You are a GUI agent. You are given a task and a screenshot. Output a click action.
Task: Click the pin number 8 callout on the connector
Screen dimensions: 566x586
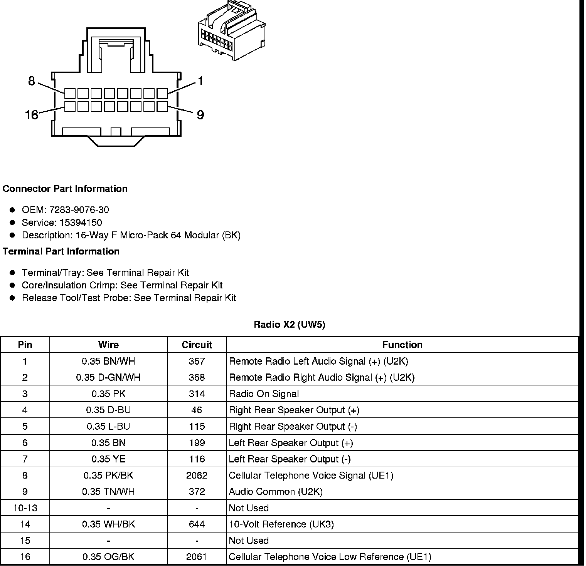[x=32, y=81]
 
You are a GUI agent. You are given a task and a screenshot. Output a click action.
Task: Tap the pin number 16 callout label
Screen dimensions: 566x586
[x=32, y=115]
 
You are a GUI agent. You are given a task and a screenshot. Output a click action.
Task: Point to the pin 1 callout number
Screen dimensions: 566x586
[x=200, y=81]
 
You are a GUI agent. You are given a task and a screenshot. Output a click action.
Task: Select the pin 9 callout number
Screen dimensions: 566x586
[x=200, y=115]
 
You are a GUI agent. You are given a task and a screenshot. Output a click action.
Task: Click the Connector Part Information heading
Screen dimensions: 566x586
[x=65, y=189]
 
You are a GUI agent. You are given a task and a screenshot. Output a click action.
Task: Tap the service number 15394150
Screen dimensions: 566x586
[x=81, y=223]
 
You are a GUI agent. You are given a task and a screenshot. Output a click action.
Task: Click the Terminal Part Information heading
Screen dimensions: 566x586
[x=61, y=251]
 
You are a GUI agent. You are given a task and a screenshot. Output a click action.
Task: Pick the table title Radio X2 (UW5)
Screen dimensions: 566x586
[x=289, y=325]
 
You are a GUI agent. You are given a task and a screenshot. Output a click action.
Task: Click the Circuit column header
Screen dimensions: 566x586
[x=197, y=345]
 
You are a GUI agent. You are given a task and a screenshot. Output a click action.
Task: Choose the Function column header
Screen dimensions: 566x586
[x=402, y=345]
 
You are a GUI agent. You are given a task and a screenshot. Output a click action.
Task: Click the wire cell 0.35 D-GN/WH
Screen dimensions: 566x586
[x=108, y=377]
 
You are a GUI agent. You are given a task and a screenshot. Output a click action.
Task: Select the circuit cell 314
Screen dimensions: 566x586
[x=197, y=394]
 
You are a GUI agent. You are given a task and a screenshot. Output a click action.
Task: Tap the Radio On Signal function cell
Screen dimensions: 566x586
[x=264, y=394]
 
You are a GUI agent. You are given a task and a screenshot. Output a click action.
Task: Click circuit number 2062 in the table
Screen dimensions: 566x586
[x=197, y=476]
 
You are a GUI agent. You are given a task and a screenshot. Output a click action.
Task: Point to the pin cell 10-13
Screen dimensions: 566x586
[x=25, y=508]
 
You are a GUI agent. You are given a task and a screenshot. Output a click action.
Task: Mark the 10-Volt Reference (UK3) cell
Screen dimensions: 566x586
[x=281, y=524]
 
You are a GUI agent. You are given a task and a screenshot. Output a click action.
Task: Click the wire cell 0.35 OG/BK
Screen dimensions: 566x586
[x=108, y=557]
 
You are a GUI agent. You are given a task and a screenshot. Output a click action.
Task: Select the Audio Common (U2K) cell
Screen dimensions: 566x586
[x=275, y=492]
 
